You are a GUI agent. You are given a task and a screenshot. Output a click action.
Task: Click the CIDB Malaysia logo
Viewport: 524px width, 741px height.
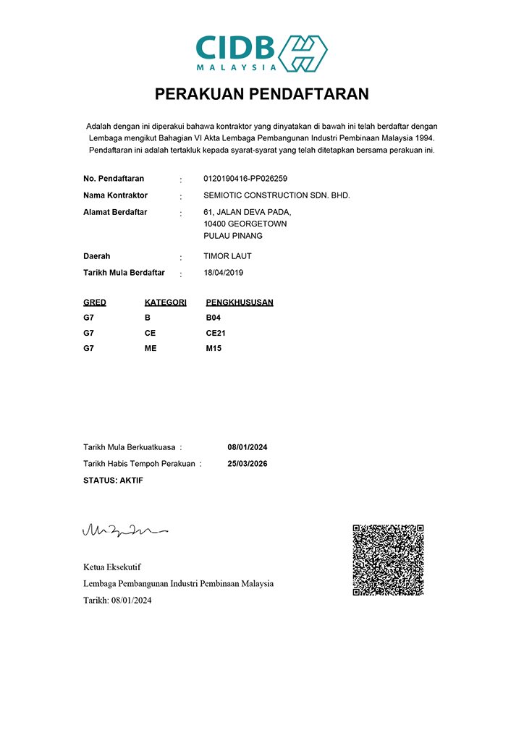point(261,52)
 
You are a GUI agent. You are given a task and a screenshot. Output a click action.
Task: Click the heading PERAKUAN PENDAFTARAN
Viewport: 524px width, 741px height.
point(261,94)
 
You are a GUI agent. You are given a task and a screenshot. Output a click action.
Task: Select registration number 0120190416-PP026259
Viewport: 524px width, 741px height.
point(250,178)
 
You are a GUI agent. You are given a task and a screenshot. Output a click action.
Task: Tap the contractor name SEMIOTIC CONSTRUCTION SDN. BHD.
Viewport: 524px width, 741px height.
point(276,195)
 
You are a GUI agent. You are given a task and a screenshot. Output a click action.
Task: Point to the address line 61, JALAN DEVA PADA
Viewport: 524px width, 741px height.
point(248,212)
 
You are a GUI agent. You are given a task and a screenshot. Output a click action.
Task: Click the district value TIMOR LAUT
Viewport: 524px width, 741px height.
point(228,256)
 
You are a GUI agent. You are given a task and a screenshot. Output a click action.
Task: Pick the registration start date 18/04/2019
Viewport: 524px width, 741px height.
point(225,274)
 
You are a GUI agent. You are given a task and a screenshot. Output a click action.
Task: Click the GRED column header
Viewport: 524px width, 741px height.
point(95,302)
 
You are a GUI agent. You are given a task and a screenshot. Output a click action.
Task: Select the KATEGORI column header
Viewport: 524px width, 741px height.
point(166,302)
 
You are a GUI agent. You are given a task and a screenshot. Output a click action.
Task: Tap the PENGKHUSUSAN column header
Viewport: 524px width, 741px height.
point(240,302)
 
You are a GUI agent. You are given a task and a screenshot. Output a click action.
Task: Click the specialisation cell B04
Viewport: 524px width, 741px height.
point(214,318)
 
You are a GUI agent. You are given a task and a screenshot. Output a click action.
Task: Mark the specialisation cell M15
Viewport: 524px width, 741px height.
point(214,348)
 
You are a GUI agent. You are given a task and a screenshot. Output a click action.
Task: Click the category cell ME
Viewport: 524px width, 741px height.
point(151,348)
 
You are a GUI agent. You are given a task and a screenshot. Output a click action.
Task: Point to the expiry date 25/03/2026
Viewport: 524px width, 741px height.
point(248,464)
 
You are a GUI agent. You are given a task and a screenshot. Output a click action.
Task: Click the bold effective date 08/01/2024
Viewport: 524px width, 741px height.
point(248,447)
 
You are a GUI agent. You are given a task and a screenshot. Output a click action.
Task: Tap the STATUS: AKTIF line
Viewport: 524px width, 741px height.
point(113,480)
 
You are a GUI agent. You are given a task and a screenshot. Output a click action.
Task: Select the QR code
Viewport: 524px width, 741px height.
point(388,560)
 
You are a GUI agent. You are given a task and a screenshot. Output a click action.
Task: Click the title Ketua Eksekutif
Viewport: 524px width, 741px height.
point(107,567)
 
